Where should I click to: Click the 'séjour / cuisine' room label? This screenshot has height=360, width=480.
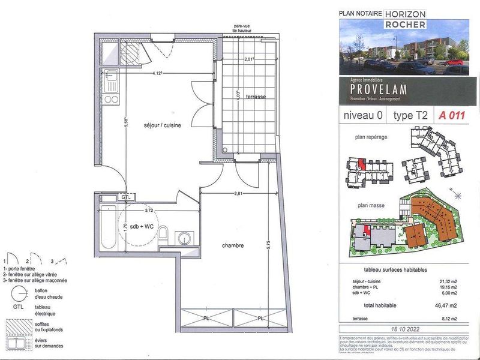(163, 126)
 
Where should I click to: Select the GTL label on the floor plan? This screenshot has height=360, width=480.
(125, 197)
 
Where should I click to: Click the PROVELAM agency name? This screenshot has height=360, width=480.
(379, 89)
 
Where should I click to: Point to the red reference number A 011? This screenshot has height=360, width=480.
(452, 115)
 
